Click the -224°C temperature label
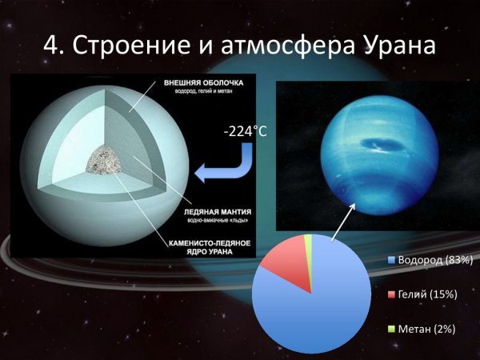(x=245, y=131)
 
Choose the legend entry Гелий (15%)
(x=426, y=294)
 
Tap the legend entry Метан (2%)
(x=424, y=329)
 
